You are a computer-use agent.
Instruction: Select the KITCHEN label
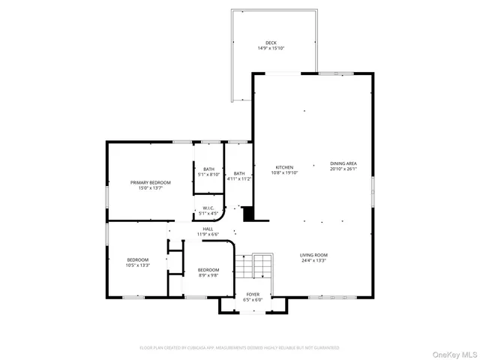tap(284, 166)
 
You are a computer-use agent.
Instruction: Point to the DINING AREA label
tap(343, 163)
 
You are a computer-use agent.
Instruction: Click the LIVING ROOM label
tap(313, 255)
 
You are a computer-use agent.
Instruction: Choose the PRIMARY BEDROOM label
tap(150, 182)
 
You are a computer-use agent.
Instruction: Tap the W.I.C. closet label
tap(208, 208)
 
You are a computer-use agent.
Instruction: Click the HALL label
tap(208, 229)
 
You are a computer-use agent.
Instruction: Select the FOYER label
tap(253, 294)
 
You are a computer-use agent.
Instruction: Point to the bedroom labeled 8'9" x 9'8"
tap(208, 272)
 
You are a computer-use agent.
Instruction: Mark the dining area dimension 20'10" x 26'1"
tap(343, 169)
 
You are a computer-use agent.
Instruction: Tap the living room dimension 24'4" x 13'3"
tap(313, 261)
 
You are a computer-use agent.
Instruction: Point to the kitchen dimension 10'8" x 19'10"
tap(284, 172)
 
